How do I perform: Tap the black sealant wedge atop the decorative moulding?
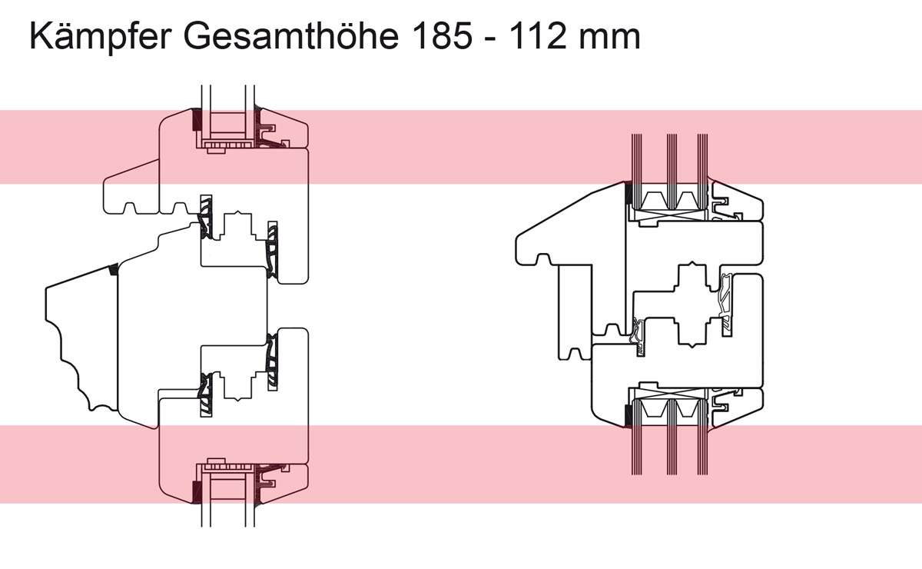(x=113, y=270)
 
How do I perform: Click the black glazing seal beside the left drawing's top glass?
(x=195, y=120)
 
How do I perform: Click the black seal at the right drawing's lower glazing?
(x=628, y=415)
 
